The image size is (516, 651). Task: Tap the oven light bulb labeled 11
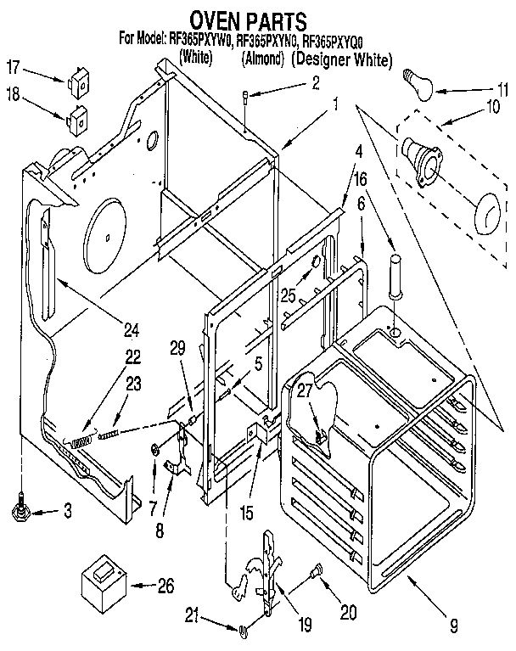418,81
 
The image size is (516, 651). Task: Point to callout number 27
305,389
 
